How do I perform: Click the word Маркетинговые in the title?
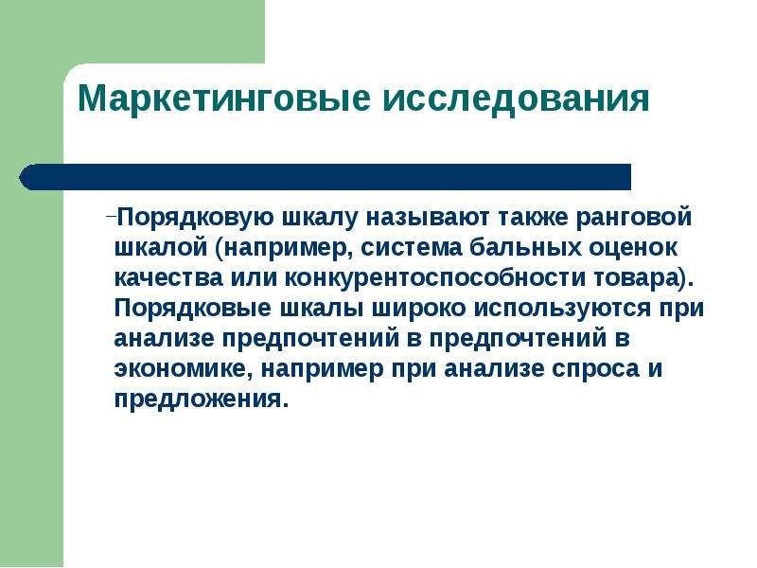point(224,98)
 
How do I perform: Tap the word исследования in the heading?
point(516,98)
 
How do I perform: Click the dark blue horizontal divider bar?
point(325,177)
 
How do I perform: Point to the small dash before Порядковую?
point(111,216)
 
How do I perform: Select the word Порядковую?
point(196,218)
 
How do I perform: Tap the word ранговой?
point(634,219)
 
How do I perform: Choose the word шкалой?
point(161,248)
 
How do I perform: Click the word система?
point(411,248)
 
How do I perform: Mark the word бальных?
point(525,248)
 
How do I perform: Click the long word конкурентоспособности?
point(435,279)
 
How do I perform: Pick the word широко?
point(418,309)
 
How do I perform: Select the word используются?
point(562,310)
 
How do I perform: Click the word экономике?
point(183,369)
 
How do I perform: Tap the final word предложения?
point(198,399)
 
